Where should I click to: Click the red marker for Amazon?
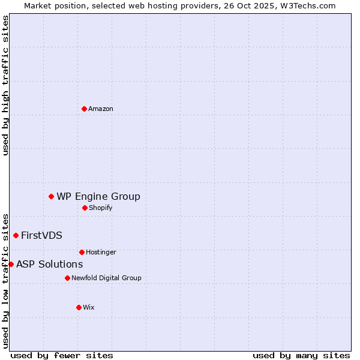tap(84, 109)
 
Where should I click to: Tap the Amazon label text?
tap(101, 109)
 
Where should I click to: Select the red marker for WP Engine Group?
tap(51, 196)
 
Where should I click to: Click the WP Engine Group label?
tap(98, 197)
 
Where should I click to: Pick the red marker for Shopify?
tap(85, 208)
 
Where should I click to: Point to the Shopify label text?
tap(101, 208)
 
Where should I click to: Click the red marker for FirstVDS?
tap(16, 235)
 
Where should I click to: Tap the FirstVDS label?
tap(41, 236)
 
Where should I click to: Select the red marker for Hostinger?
tap(82, 252)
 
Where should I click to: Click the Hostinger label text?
tap(101, 253)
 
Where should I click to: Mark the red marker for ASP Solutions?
tap(11, 264)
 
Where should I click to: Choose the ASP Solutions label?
tap(49, 265)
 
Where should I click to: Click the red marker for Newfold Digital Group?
tap(67, 278)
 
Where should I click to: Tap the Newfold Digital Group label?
tap(106, 278)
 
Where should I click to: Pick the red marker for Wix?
tap(79, 307)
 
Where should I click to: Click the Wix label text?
tap(89, 308)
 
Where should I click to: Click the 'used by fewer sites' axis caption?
tap(62, 355)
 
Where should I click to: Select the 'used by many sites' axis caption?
tap(301, 355)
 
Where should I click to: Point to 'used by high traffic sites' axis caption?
tap(5, 85)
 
